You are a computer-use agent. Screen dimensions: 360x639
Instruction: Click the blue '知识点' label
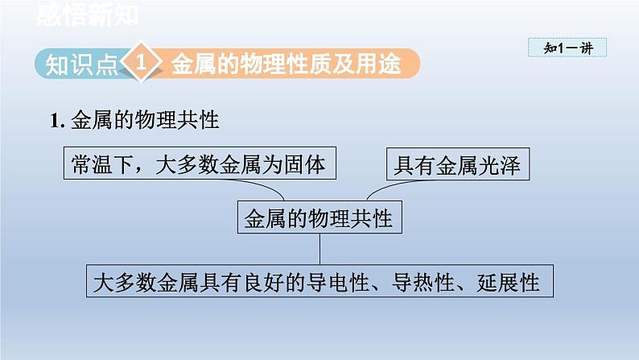tap(80, 64)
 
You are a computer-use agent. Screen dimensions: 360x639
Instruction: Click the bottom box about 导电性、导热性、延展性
tap(319, 283)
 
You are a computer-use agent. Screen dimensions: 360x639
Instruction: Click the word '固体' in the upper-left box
tap(308, 164)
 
